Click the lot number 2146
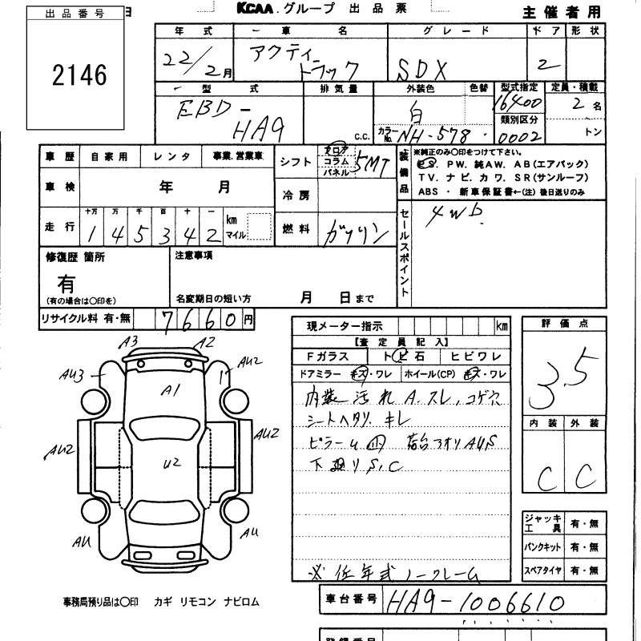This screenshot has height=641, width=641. point(79,76)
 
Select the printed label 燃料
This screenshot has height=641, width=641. point(295,229)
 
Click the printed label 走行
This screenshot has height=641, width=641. point(59,227)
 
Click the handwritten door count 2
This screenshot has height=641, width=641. point(552,63)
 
